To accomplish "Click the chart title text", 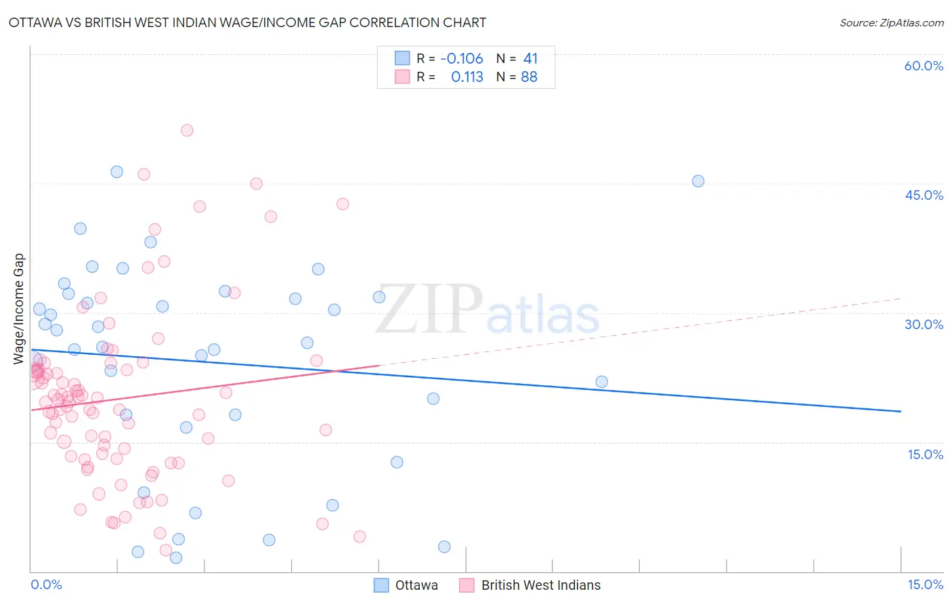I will coord(247,22).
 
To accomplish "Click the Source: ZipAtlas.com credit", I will coord(891,22).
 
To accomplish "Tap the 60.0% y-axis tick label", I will coord(924,66).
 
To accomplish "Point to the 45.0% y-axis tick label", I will coord(924,195).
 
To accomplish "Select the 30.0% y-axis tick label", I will coord(924,324).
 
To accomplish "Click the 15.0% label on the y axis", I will coord(925,454).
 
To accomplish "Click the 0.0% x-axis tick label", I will coord(46,584).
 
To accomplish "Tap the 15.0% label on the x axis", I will coord(925,584).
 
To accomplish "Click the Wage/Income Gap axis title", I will coord(19,309).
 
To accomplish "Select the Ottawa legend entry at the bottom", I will coord(406,585).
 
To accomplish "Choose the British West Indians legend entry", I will coord(530,585).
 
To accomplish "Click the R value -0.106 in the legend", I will coord(461,59).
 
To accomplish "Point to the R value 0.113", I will coord(467,77).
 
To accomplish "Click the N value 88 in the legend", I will coord(529,77).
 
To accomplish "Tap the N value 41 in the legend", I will coord(530,59).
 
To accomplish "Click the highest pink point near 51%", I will coord(187,131).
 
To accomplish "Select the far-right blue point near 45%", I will coord(698,181).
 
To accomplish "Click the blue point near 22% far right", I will coord(601,382).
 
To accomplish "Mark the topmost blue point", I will coord(116,172).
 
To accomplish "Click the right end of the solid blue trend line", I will coord(901,411).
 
